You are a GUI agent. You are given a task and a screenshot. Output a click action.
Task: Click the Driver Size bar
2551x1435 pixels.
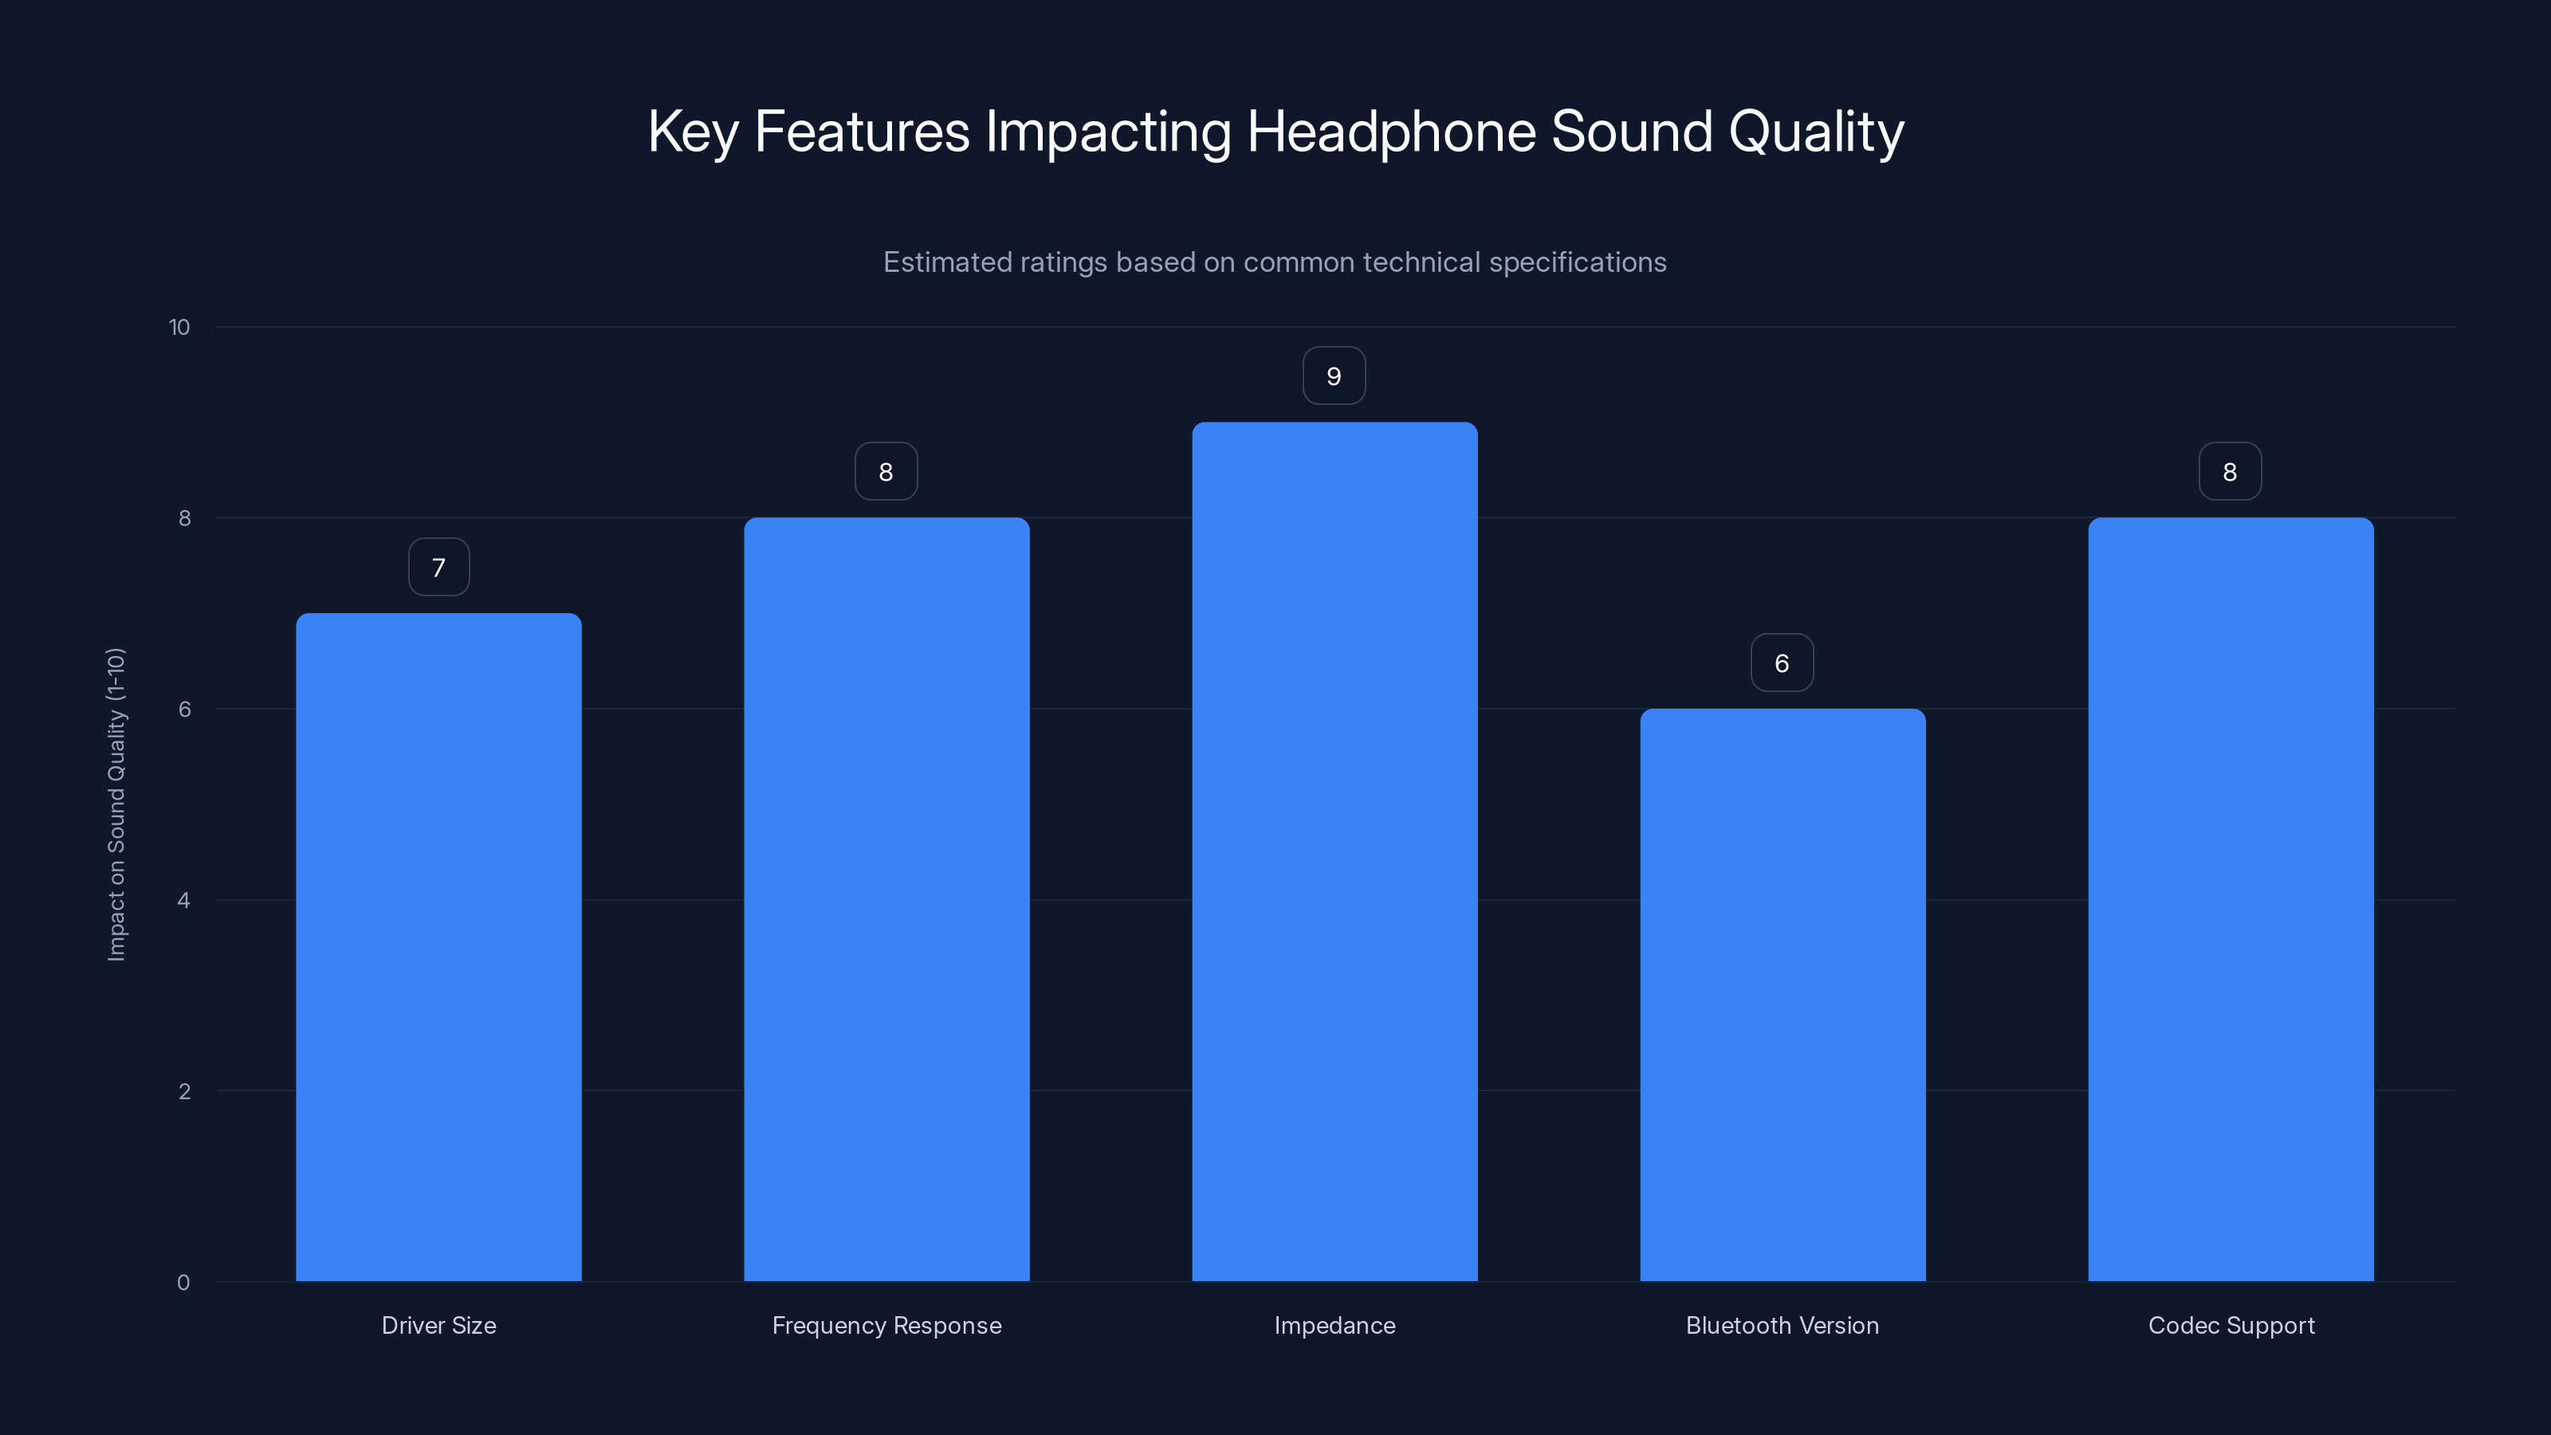tap(438, 947)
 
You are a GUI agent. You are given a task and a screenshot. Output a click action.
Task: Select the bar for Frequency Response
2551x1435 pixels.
tap(886, 899)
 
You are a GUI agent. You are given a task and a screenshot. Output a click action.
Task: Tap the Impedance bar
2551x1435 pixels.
tap(1334, 851)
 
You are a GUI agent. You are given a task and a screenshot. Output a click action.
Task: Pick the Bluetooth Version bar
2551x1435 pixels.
tap(1783, 994)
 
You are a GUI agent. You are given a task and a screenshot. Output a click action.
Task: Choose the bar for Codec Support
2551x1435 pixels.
tap(2231, 899)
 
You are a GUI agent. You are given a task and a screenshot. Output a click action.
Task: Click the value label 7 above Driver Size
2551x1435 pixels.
tap(438, 568)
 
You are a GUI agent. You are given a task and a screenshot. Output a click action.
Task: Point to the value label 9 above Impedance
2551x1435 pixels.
tap(1334, 376)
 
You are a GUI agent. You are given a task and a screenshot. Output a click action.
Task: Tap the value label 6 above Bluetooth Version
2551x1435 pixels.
tap(1783, 663)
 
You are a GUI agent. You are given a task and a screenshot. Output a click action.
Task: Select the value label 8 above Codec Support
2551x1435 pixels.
tap(2231, 473)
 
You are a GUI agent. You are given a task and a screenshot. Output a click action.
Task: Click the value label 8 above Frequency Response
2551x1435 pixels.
tap(886, 473)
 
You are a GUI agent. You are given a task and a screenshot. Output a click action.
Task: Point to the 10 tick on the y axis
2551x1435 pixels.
tap(179, 328)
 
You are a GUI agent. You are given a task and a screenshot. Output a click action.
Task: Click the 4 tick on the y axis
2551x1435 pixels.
tap(184, 901)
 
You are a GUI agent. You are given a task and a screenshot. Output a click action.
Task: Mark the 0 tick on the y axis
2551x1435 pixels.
tap(183, 1284)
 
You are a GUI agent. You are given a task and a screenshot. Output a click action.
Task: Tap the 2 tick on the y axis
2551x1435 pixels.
tap(184, 1092)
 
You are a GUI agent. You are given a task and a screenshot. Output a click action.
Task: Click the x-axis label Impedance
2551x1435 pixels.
tap(1334, 1326)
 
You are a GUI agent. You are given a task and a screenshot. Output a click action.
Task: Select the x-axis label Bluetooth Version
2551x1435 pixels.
tap(1783, 1326)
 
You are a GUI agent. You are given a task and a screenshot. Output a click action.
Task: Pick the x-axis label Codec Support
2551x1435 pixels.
tap(2231, 1326)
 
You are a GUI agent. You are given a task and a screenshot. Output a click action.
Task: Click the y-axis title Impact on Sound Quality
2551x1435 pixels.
tap(117, 804)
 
